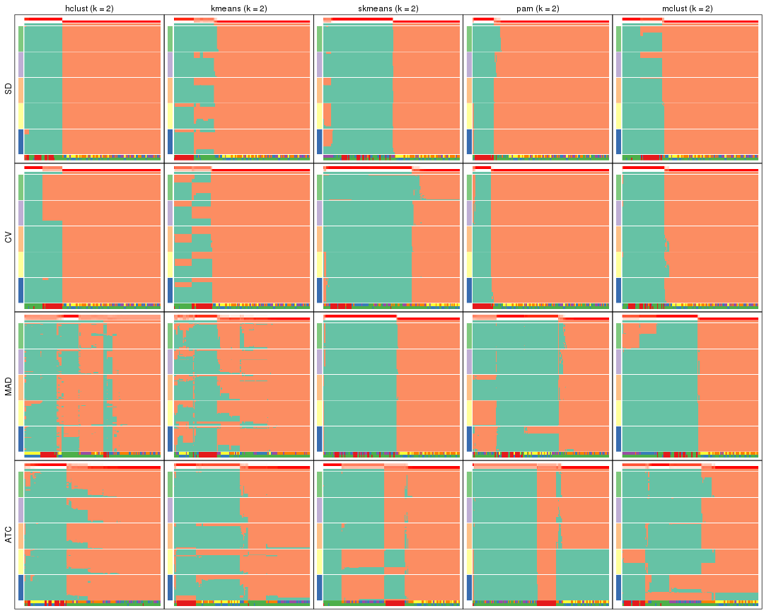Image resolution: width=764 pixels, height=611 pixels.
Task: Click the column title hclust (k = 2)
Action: pos(89,8)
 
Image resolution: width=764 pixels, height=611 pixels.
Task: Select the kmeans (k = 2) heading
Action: pos(239,8)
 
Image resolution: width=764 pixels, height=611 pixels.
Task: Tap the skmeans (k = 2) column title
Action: pos(388,8)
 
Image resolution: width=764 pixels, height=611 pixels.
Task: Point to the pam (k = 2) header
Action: pos(538,8)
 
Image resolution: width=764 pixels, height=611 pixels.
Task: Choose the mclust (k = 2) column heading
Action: pos(687,8)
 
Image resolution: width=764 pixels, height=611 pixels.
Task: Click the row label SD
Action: pos(8,89)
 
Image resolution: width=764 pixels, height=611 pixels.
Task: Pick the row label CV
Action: pos(8,238)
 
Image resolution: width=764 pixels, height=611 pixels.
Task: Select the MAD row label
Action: pos(8,387)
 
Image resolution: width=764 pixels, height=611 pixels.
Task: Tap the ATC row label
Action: pos(8,535)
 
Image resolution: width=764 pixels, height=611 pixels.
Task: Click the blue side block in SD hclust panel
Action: pos(21,141)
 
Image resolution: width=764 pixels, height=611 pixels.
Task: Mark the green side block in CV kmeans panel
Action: pos(170,187)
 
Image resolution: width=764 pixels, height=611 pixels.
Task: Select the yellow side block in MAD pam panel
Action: pos(469,413)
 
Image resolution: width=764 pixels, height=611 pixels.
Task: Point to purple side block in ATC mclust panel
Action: pos(618,510)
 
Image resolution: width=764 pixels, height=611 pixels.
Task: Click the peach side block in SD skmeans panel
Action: pos(320,90)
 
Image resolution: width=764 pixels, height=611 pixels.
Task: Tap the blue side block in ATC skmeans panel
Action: pos(320,587)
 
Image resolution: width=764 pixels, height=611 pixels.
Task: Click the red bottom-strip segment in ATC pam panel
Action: pos(546,603)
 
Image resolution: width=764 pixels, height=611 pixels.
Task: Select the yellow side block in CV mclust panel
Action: pos(618,264)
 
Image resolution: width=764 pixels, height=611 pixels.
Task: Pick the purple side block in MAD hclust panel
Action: pos(21,361)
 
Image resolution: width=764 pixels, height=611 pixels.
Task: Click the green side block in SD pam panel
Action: pos(469,38)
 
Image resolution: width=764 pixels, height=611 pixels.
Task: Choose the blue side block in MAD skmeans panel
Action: pos(320,438)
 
